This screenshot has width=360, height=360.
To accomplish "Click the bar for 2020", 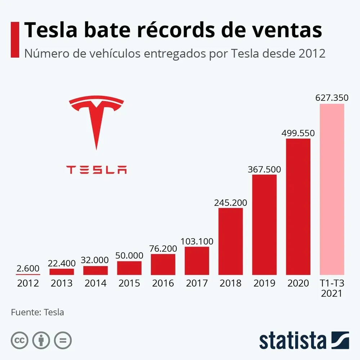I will (x=298, y=207).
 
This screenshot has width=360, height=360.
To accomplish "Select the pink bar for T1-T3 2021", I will (x=332, y=189).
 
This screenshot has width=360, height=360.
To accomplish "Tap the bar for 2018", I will (x=230, y=241).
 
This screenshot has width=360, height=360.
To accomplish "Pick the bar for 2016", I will (x=163, y=264).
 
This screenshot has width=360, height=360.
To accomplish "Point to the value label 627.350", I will (x=332, y=98).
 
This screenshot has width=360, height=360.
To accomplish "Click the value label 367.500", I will (x=264, y=169).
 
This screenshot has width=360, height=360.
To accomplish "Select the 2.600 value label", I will (x=28, y=268).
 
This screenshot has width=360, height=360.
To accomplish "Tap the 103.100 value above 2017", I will (x=197, y=241).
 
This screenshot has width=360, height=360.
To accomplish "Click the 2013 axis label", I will (x=62, y=283).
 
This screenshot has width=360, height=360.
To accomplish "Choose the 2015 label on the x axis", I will (x=129, y=283).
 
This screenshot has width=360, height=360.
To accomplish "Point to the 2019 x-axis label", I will (x=264, y=283).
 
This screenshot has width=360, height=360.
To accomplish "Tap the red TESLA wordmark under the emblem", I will (x=96, y=169).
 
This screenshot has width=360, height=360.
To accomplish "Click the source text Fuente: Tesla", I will (x=37, y=312).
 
